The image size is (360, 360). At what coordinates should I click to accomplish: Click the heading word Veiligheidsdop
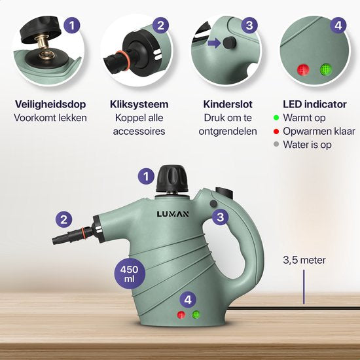[x=43, y=104]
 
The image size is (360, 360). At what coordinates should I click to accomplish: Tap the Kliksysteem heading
[x=139, y=104]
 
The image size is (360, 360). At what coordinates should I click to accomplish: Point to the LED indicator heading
[x=310, y=104]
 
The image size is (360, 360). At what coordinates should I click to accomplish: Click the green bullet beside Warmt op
[x=277, y=118]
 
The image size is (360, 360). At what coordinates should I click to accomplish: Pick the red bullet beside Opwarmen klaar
[x=277, y=132]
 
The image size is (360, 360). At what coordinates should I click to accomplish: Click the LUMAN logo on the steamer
[x=175, y=214]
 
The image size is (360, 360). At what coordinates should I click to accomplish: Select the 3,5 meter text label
[x=304, y=260]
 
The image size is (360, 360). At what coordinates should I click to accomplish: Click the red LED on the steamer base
[x=181, y=316]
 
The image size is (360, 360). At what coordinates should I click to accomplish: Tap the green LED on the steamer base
[x=196, y=316]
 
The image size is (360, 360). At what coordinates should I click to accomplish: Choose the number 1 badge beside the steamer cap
[x=147, y=175]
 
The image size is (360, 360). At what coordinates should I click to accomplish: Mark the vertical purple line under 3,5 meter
[x=304, y=288]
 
